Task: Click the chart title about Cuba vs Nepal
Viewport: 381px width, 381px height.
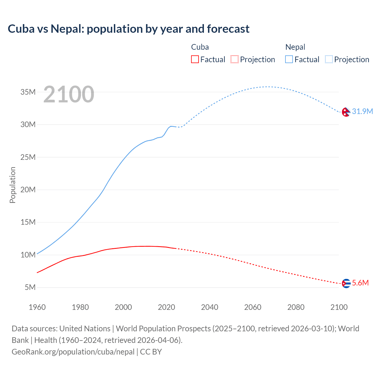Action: (129, 29)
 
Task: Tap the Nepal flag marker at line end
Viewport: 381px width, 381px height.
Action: (346, 112)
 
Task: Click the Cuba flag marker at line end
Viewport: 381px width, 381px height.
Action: (346, 283)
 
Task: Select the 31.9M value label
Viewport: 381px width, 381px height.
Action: (362, 111)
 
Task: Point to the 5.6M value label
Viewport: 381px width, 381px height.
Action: (360, 283)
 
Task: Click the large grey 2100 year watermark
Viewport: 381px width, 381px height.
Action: (69, 94)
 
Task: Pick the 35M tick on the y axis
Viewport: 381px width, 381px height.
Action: (28, 92)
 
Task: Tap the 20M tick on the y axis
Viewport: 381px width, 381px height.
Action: (28, 190)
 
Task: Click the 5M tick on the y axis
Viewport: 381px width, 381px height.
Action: (30, 287)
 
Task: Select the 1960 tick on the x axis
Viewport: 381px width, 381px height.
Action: (37, 307)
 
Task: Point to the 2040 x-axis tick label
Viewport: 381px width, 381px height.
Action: (210, 307)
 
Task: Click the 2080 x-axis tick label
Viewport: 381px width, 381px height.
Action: (296, 307)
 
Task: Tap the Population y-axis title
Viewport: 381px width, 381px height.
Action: (13, 185)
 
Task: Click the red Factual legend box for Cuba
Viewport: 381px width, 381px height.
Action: (195, 59)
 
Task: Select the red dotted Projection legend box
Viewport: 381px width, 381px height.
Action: (235, 59)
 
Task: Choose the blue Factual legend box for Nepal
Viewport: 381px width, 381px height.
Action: (289, 59)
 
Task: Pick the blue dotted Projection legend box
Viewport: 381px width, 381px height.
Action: (329, 59)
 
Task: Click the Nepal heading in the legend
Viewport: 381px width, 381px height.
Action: (295, 47)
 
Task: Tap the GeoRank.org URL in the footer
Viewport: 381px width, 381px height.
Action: (73, 352)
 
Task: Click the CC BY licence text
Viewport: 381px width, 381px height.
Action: (151, 352)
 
